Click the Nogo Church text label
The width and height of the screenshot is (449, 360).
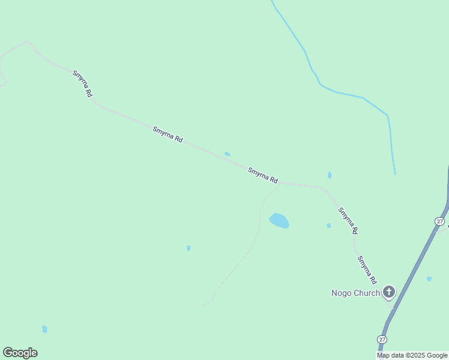pyautogui.click(x=355, y=293)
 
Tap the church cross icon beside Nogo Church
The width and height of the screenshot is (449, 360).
pyautogui.click(x=389, y=292)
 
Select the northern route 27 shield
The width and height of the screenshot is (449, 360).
pyautogui.click(x=440, y=221)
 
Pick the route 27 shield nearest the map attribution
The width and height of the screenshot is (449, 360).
pyautogui.click(x=382, y=339)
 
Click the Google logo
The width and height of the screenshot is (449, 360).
pyautogui.click(x=20, y=353)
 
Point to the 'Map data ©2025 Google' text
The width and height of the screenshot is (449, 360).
pyautogui.click(x=412, y=355)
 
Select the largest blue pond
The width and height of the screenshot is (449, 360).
pyautogui.click(x=280, y=221)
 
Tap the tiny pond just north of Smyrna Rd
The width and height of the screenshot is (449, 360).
pyautogui.click(x=228, y=154)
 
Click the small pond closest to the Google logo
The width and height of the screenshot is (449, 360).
pyautogui.click(x=44, y=329)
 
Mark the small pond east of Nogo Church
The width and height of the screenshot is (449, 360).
pyautogui.click(x=429, y=278)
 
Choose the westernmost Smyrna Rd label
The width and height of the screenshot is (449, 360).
pyautogui.click(x=82, y=84)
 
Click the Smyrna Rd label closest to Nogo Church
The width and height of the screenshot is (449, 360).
pyautogui.click(x=367, y=270)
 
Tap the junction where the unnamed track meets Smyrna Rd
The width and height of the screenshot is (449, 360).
pyautogui.click(x=280, y=184)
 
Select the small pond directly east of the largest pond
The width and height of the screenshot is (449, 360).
pyautogui.click(x=328, y=226)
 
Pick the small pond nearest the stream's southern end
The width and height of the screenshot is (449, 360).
pyautogui.click(x=330, y=175)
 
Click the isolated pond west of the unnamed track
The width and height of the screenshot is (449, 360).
pyautogui.click(x=188, y=248)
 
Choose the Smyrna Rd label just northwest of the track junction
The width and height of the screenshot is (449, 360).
pyautogui.click(x=263, y=175)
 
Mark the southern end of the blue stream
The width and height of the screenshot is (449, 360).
pyautogui.click(x=394, y=173)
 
